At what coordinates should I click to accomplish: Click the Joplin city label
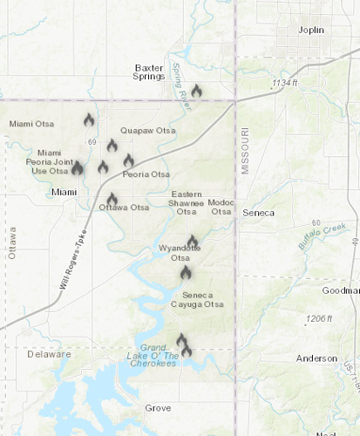point(309,30)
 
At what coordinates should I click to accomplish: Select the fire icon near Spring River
point(196,90)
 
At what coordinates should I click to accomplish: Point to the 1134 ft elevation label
point(284,83)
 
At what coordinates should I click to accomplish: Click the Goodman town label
point(341,290)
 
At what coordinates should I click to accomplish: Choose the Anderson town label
point(316,358)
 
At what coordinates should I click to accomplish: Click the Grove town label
point(158,408)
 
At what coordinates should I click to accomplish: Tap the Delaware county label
point(49,355)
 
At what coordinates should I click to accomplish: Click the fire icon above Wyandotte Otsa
point(192,241)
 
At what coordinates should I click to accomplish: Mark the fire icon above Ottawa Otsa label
point(112,199)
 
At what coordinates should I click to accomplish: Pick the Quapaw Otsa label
point(147,131)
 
